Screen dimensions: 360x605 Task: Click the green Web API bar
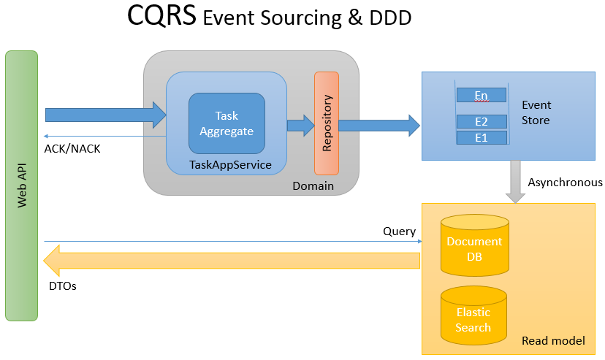[21, 186]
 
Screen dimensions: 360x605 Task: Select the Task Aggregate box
[227, 123]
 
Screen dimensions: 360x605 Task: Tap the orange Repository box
[327, 123]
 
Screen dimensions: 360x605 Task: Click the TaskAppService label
[230, 165]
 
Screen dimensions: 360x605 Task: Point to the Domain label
[313, 186]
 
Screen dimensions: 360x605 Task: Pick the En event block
[481, 96]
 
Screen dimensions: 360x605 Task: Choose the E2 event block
[481, 121]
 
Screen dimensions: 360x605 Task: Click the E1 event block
[481, 137]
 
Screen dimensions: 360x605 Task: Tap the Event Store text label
[536, 112]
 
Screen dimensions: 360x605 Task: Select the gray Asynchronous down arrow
[516, 182]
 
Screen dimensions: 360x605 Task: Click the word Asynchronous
[565, 183]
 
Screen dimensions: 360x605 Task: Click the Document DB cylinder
[474, 249]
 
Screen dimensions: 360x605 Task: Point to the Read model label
[553, 341]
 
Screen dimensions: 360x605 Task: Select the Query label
[399, 231]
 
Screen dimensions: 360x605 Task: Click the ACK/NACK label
[72, 148]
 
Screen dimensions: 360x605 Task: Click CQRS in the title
[161, 16]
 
